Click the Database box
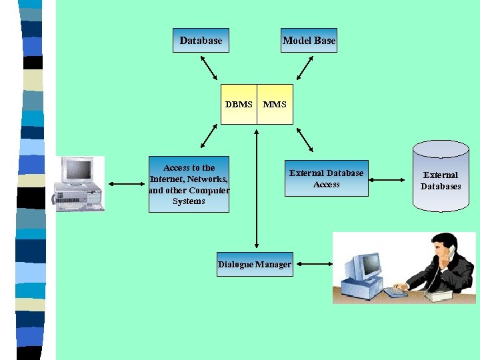pyautogui.click(x=201, y=41)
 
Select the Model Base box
pyautogui.click(x=309, y=41)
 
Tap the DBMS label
pyautogui.click(x=239, y=105)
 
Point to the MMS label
pyautogui.click(x=275, y=105)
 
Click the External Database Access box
pyautogui.click(x=326, y=179)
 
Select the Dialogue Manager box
pyautogui.click(x=255, y=265)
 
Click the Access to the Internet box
pyautogui.click(x=189, y=185)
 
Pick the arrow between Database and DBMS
pyautogui.click(x=209, y=67)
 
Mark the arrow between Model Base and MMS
pyautogui.click(x=305, y=67)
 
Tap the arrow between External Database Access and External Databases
pyautogui.click(x=387, y=179)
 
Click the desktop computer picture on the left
pyautogui.click(x=79, y=184)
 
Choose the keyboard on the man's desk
pyautogui.click(x=395, y=292)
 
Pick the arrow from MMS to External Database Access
pyautogui.click(x=305, y=139)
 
